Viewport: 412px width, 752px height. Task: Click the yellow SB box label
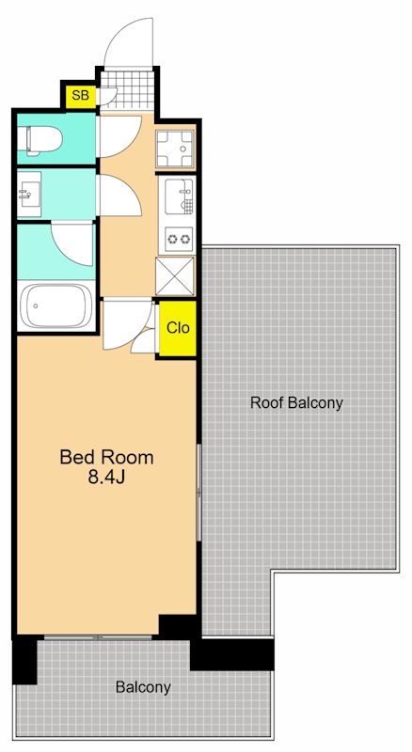coord(80,95)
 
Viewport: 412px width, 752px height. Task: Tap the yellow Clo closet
coord(178,328)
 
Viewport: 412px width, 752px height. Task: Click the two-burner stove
coord(179,240)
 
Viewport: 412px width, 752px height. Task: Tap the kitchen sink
coord(178,196)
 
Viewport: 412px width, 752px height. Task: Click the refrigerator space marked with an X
coord(175,275)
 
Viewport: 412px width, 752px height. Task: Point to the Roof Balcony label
coord(296,403)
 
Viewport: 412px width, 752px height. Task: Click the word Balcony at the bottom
coord(143,687)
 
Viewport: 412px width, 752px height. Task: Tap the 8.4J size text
coord(106,478)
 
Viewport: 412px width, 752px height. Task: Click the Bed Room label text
coord(106,457)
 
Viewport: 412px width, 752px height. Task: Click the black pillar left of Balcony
coord(24,660)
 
